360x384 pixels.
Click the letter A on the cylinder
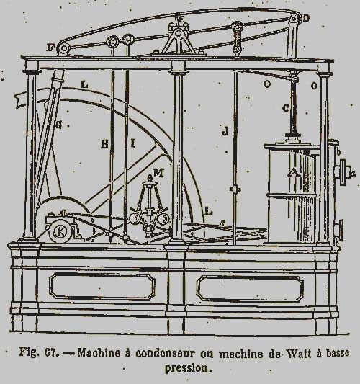(294, 172)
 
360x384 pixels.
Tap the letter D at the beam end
(306, 18)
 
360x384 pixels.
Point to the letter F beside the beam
(50, 48)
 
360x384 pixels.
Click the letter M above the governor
(158, 173)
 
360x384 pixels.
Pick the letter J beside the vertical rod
(225, 131)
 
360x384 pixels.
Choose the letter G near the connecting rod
(59, 125)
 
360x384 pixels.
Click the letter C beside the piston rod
(285, 108)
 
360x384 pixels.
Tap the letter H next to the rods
(104, 144)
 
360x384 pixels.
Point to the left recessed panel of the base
(102, 287)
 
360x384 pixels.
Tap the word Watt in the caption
(300, 354)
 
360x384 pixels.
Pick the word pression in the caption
(186, 368)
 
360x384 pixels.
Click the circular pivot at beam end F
(63, 48)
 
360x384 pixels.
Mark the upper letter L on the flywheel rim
(84, 85)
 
